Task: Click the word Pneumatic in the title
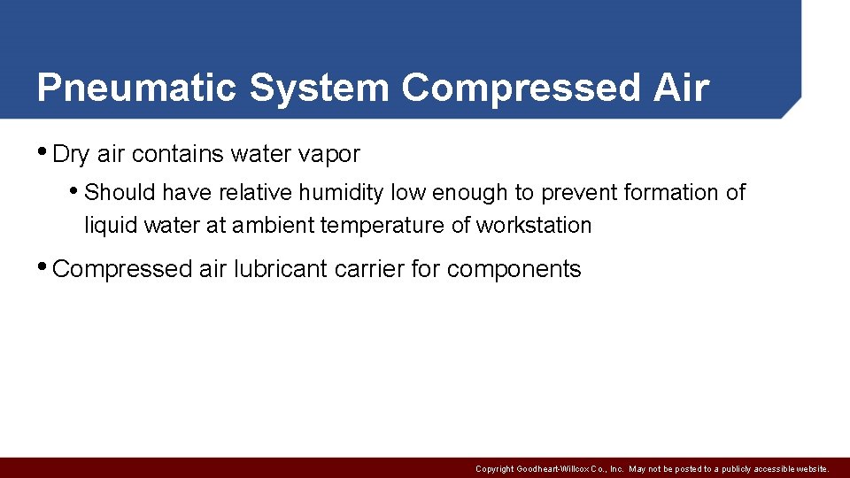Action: click(136, 89)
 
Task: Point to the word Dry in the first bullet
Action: click(72, 155)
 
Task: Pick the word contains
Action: click(176, 155)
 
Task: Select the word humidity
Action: click(341, 193)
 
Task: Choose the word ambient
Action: click(273, 226)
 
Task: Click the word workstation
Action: click(534, 226)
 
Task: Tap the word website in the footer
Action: click(810, 469)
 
